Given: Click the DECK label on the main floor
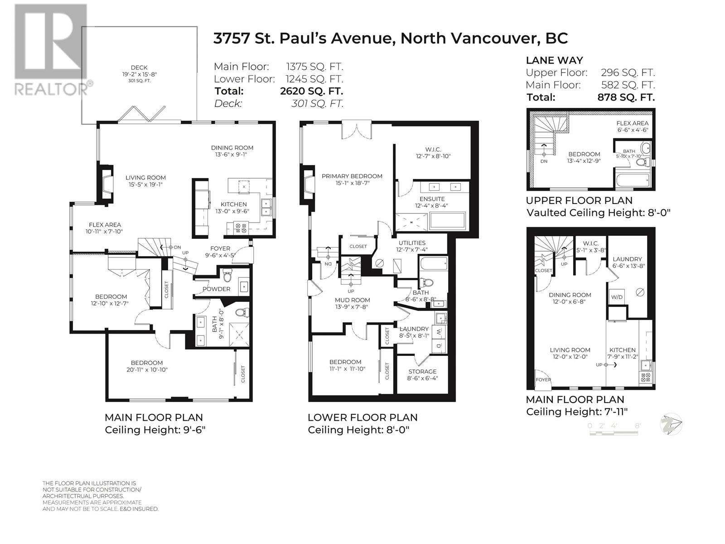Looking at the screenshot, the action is pos(139,68).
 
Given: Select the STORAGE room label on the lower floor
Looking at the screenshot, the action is pos(422,372).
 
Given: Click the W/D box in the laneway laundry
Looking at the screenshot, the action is pos(616,297).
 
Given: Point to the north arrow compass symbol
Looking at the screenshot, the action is pos(671,424).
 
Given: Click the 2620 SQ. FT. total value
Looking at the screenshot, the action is pos(311,91).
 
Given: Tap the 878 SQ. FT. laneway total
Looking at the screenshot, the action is pos(626,97).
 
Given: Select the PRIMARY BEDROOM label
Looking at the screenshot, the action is pos(352,176).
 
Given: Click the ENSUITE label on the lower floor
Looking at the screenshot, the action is pos(432,199).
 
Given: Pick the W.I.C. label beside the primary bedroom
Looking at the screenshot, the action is pos(433,150).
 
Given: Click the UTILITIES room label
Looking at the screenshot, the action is pos(412,243).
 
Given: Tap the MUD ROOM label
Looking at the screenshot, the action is pos(353,300).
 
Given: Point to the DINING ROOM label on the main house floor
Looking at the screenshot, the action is pos(232,148).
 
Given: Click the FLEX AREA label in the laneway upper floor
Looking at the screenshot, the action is pos(632,123).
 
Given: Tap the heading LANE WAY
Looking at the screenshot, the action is pos(555,60).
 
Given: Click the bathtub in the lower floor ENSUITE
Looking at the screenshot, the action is pos(448,221).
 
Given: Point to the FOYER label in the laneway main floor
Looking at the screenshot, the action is pos(543,379).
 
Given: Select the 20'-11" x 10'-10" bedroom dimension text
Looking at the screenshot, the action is pos(147,369).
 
